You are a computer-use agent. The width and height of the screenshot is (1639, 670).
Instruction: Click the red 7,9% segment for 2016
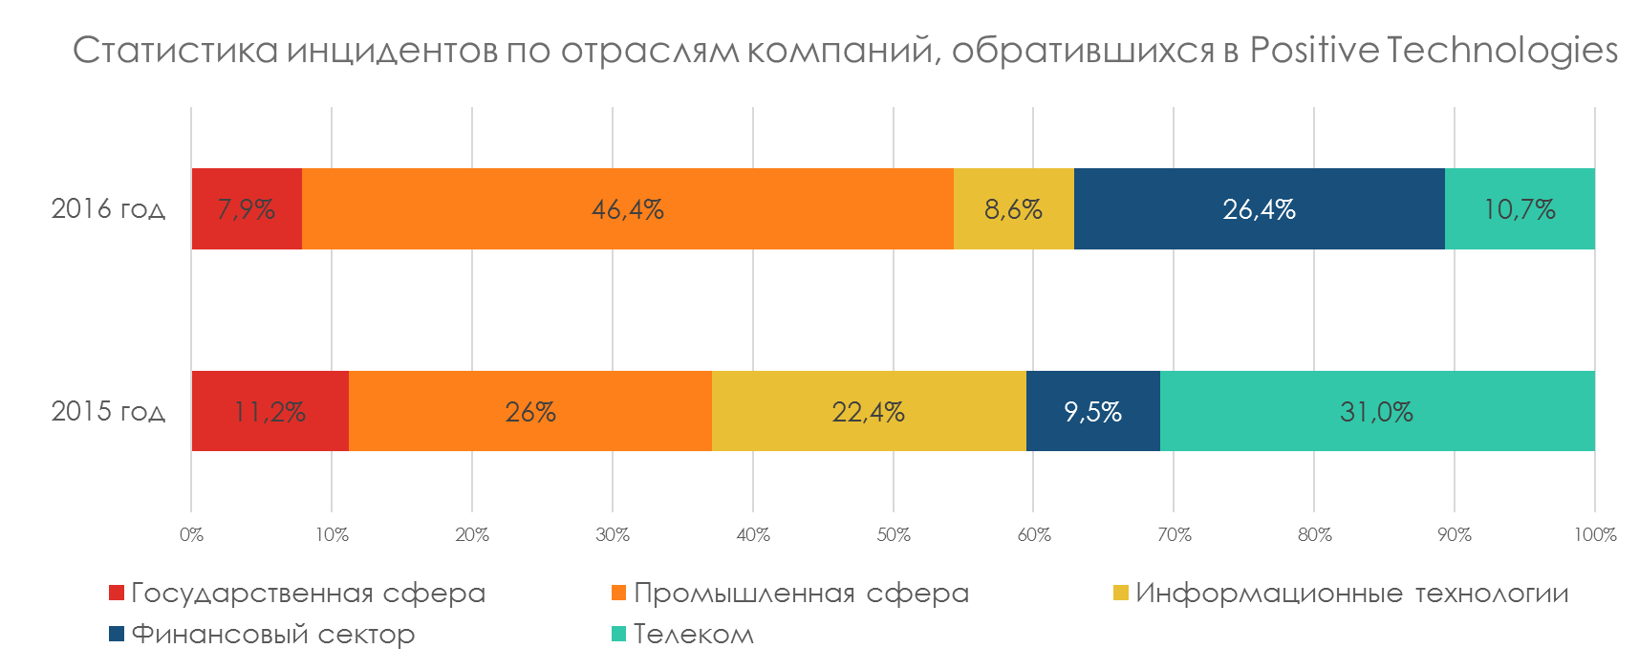247,208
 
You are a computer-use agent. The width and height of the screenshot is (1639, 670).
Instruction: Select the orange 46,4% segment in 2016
627,208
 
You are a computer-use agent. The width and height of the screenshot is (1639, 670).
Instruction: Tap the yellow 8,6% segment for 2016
1013,208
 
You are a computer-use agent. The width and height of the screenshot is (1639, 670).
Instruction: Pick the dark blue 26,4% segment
1259,208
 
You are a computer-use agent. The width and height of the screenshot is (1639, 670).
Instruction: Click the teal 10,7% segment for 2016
1520,208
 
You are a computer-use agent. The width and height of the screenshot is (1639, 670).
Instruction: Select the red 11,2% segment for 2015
270,411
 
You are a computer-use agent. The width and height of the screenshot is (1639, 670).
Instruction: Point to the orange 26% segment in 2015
530,411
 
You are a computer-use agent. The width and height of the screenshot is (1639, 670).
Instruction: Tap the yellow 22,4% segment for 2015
868,411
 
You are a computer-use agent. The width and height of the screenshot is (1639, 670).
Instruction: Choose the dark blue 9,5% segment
1092,411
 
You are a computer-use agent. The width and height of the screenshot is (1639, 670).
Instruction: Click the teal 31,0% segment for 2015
1376,411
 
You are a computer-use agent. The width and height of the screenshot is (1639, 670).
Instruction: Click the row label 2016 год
108,208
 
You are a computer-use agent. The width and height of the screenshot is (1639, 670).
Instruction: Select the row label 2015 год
108,411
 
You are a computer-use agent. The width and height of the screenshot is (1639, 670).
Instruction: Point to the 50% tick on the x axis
894,534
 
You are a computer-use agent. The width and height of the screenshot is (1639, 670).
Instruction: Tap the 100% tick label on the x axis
1594,534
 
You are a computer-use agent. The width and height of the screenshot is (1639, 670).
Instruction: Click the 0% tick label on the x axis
191,534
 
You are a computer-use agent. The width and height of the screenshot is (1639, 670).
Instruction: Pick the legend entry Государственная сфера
308,594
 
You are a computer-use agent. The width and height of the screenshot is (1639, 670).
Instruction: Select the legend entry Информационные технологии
1351,594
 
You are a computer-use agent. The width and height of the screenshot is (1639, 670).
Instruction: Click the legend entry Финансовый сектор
272,634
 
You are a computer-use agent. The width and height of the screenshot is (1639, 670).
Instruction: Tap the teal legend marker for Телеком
618,634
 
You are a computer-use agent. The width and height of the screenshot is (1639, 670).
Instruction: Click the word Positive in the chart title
1313,50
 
